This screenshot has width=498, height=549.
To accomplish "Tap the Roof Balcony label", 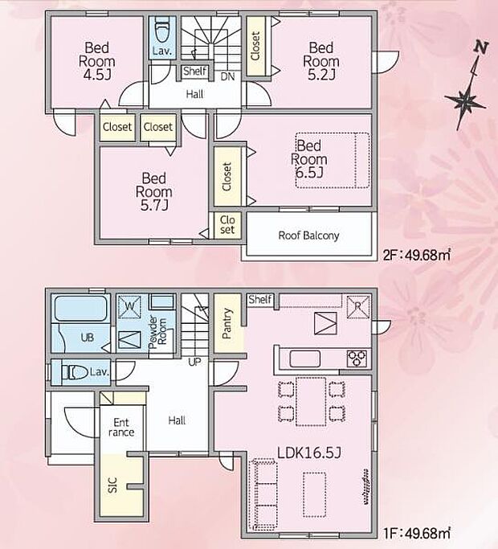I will tap(308, 236).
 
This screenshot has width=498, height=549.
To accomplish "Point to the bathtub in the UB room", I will tap(80, 309).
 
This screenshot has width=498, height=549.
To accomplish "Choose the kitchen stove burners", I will tap(356, 357).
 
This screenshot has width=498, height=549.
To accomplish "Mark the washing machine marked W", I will tap(129, 305).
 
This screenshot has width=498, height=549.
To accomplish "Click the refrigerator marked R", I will tap(357, 306).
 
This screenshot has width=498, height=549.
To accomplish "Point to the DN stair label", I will tap(227, 77).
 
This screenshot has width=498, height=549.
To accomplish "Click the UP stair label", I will tap(194, 363).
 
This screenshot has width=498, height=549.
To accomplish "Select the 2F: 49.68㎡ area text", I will tap(416, 256).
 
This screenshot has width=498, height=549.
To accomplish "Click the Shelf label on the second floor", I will tap(194, 72).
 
